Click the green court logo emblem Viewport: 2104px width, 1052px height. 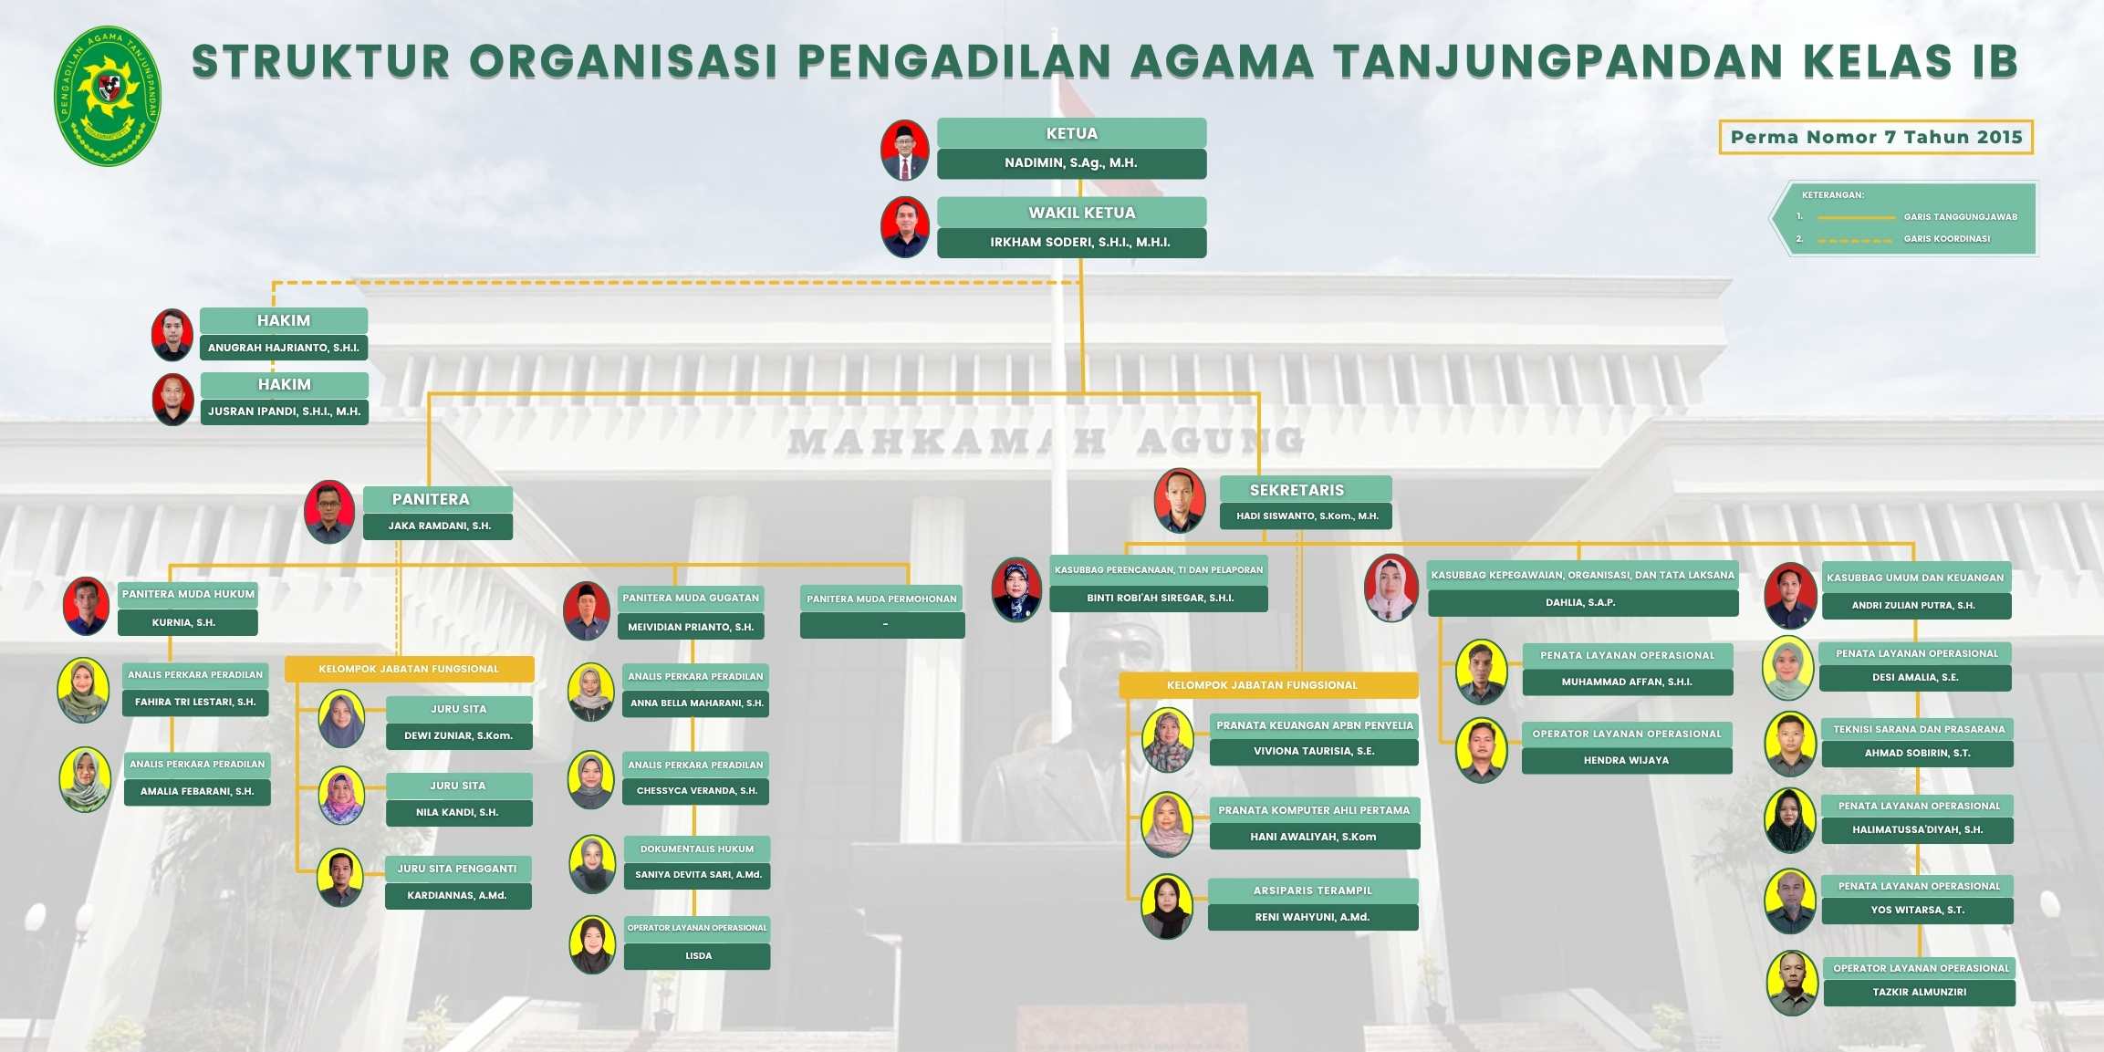108,96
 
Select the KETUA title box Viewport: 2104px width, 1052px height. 1071,133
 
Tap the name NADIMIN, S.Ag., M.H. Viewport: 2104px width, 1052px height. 1071,163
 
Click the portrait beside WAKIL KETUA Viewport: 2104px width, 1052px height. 904,227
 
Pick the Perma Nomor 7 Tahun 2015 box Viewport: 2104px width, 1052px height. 1876,137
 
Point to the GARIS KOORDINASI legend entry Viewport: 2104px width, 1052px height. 1946,239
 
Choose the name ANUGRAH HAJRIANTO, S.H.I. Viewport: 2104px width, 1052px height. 284,348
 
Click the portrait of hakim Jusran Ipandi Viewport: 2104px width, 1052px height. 172,400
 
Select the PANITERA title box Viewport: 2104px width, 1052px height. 438,499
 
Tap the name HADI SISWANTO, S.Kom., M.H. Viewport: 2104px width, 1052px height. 1307,516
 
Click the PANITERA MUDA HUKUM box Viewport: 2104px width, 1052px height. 188,595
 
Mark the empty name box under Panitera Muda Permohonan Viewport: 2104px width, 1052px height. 882,625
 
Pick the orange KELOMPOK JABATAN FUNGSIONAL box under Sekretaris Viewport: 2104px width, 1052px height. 1268,685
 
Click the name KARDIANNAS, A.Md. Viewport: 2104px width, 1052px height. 457,896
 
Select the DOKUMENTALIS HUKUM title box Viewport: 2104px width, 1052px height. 697,849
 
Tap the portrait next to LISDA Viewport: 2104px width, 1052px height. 592,944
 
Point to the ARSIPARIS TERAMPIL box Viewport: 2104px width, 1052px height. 1313,891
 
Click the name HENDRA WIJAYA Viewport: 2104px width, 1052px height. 1627,761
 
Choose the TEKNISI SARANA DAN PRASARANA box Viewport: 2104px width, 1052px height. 1918,729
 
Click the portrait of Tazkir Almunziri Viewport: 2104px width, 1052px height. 1793,983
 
